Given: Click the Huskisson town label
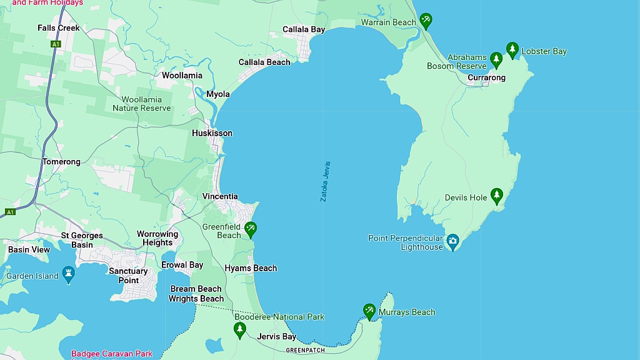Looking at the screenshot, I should click(x=212, y=133).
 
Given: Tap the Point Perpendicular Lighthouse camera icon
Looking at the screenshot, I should click(x=453, y=241).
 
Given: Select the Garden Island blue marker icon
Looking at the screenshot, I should click(x=69, y=273).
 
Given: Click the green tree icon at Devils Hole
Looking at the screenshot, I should click(x=496, y=196).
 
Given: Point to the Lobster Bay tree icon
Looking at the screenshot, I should click(x=512, y=49).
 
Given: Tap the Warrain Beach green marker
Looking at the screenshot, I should click(x=426, y=21).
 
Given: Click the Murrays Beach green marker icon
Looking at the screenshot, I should click(x=369, y=311).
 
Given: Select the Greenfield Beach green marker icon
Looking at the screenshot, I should click(x=250, y=229).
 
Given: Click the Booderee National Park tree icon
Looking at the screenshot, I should click(x=239, y=329).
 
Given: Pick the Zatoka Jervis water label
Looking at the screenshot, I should click(x=324, y=181).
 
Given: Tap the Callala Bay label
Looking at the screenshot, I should click(x=304, y=29).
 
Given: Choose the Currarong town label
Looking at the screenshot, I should click(x=486, y=78).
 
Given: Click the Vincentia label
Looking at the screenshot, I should click(x=220, y=196).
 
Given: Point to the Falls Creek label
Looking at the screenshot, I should click(x=59, y=28).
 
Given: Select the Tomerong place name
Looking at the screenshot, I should click(x=61, y=162).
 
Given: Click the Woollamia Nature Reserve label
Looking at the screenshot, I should click(x=141, y=104).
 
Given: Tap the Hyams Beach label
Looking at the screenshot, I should click(x=251, y=268).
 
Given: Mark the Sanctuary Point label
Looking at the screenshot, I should click(x=128, y=276).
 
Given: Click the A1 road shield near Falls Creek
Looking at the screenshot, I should click(x=56, y=44).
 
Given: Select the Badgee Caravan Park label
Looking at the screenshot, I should click(x=111, y=354).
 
